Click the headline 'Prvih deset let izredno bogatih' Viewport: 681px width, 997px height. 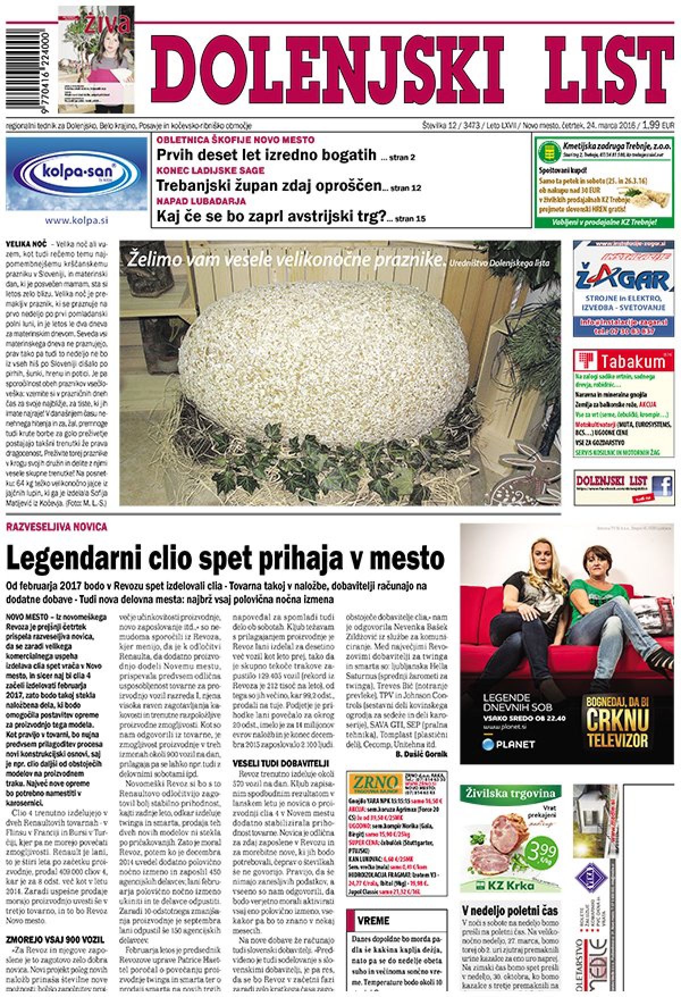click(x=266, y=154)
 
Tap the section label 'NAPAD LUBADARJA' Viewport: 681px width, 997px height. click(x=201, y=201)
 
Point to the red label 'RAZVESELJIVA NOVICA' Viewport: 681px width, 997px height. click(x=56, y=527)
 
